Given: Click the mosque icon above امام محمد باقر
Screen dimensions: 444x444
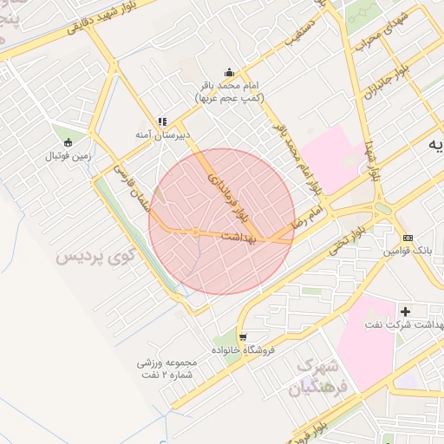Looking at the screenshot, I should (x=228, y=73).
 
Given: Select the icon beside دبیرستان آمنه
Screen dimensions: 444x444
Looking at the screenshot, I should (x=161, y=122).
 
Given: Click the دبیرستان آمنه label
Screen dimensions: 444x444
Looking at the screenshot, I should (x=162, y=135).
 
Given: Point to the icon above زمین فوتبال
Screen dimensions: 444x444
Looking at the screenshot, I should (x=68, y=142).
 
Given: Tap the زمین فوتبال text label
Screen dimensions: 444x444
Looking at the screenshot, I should (x=68, y=156).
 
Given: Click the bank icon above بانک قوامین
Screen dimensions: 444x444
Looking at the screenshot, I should (x=408, y=238).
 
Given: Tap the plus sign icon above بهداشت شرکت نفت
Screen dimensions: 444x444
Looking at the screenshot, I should (x=405, y=310).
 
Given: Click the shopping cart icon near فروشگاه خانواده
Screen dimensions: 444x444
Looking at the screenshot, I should (x=243, y=336).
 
